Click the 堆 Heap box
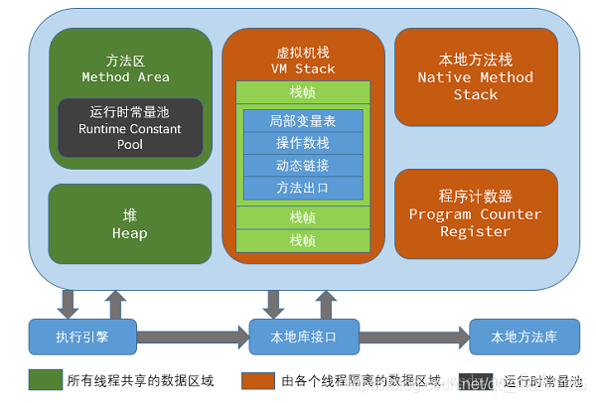tap(129, 224)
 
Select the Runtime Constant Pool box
tap(129, 128)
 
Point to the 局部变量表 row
tap(303, 121)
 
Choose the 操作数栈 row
tap(303, 143)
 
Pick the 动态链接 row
tap(303, 165)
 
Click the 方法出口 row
tap(303, 187)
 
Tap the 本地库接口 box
tap(303, 336)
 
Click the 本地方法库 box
tap(523, 336)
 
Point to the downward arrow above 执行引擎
tap(69, 302)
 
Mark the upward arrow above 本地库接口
tap(326, 302)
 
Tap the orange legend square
tap(257, 380)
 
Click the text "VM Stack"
tap(303, 69)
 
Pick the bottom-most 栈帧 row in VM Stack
tap(303, 240)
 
